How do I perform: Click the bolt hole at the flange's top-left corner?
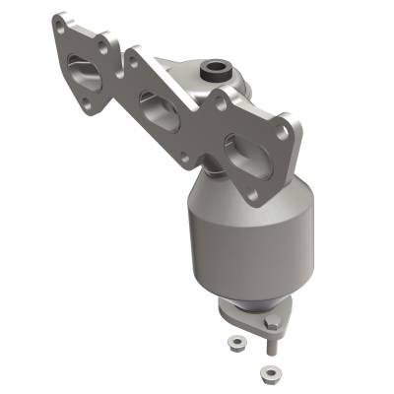(64, 28)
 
